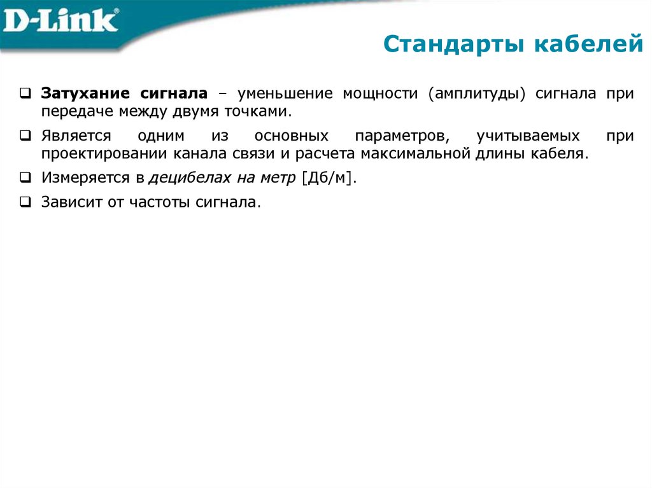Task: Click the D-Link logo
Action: [61, 21]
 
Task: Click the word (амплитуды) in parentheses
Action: [476, 94]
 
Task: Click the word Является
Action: [76, 136]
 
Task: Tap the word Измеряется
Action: [86, 179]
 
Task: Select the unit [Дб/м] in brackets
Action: [329, 179]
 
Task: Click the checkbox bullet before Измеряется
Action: [25, 179]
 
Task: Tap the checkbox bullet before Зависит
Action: [25, 203]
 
